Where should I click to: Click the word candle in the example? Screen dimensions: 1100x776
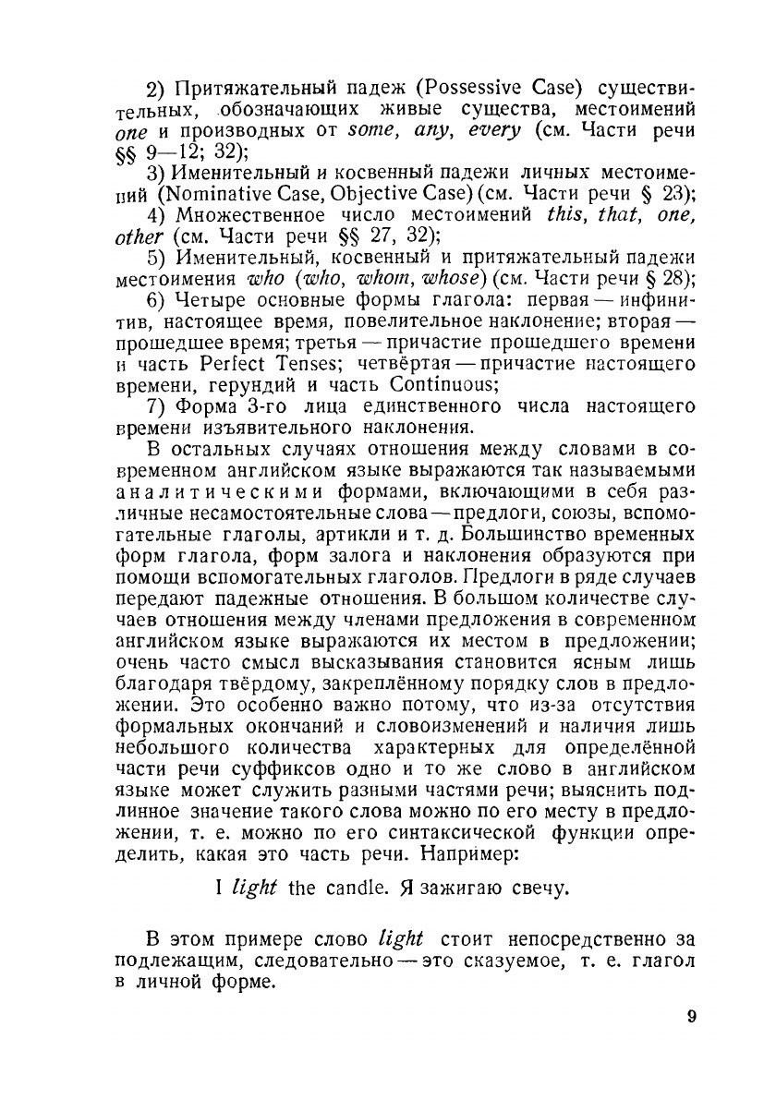355,889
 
